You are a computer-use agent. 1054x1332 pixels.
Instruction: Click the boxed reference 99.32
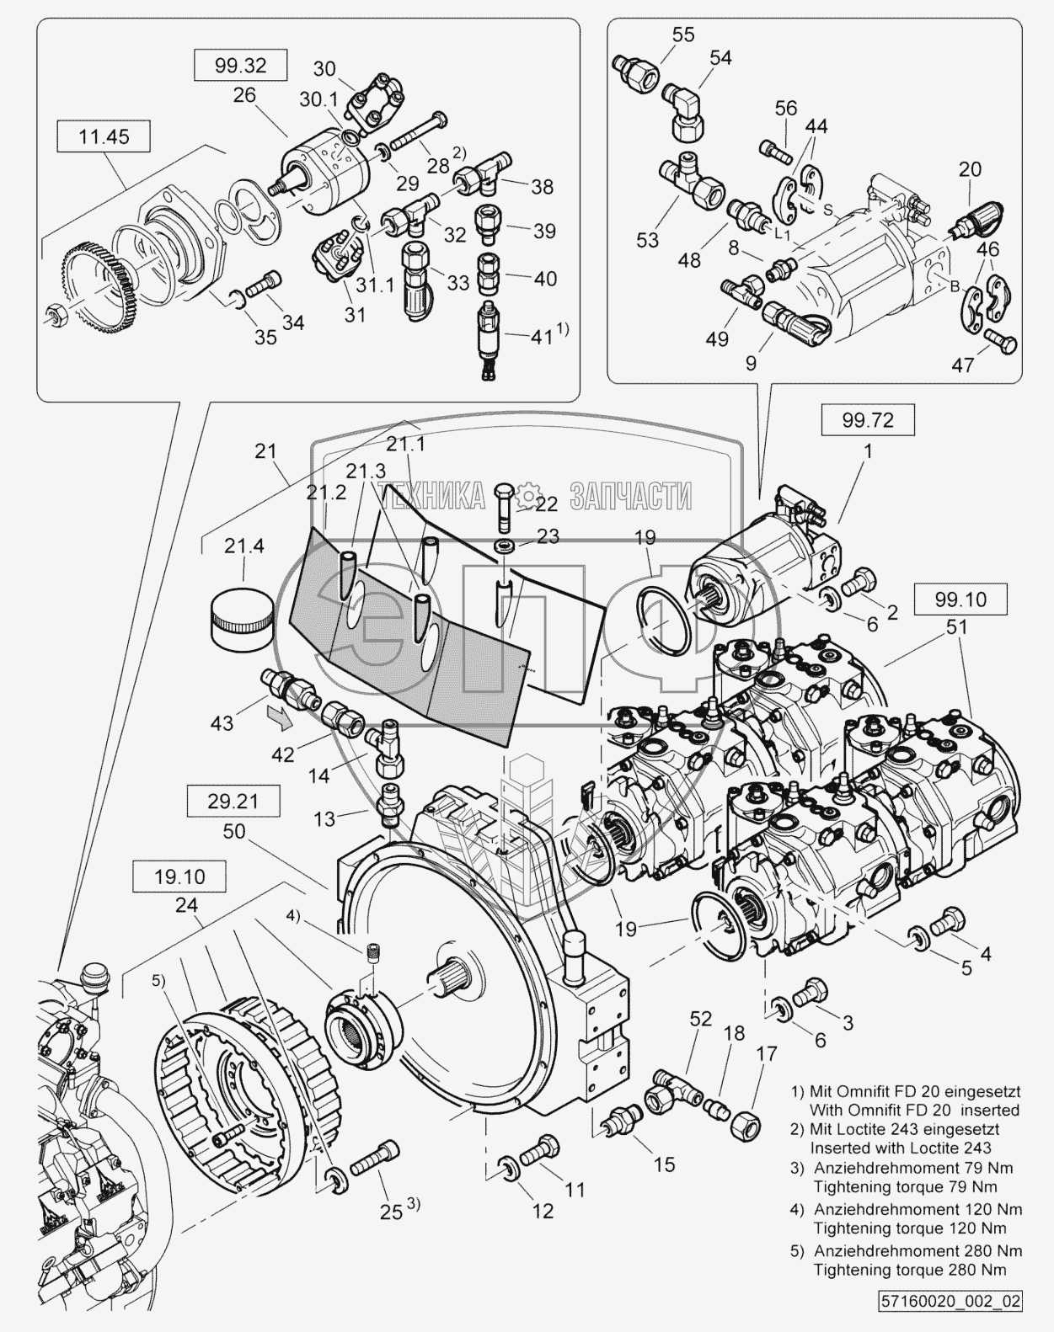pos(240,65)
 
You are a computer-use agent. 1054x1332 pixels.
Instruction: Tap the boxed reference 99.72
pos(867,418)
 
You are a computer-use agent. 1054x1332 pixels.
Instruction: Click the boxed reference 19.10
pos(179,876)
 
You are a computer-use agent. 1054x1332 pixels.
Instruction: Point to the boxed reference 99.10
pos(960,599)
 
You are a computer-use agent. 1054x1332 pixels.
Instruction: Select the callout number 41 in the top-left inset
pos(543,338)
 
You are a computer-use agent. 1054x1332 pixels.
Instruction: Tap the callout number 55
pos(682,35)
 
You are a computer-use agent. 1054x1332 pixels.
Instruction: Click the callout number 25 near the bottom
pos(389,1212)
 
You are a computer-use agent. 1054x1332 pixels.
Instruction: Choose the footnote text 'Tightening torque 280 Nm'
pos(910,1270)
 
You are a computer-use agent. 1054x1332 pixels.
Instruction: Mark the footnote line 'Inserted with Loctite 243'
pos(901,1148)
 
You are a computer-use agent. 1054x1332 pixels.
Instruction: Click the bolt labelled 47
pos(999,344)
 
